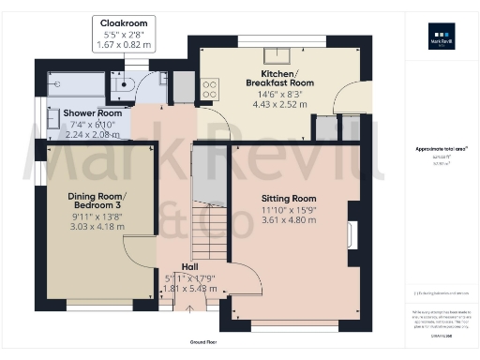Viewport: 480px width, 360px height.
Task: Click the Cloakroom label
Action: point(125,22)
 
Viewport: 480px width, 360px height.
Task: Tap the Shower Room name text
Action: point(87,113)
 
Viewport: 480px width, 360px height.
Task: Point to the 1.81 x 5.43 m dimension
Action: point(190,289)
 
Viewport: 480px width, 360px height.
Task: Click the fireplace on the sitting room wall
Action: point(352,234)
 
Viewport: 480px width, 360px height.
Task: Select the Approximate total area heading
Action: point(440,149)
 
